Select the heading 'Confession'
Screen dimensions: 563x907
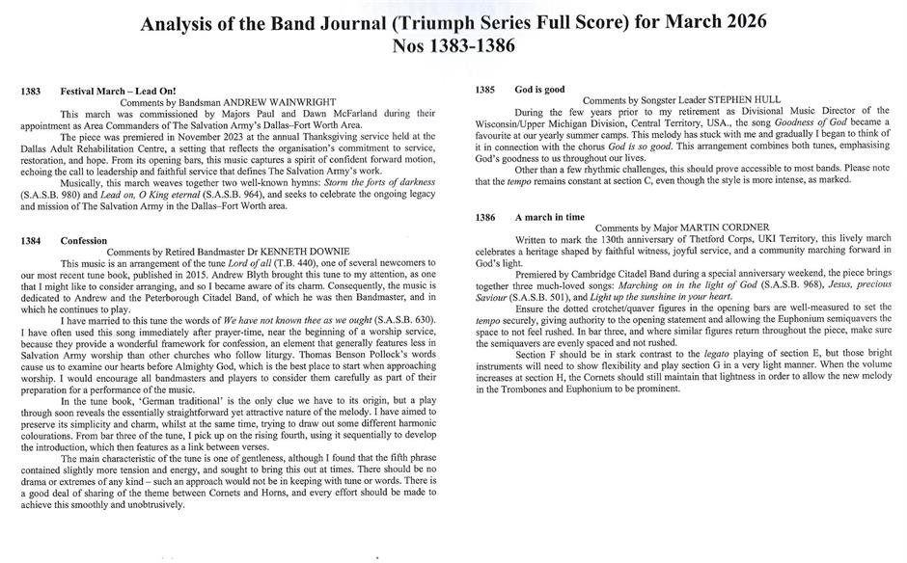coord(84,240)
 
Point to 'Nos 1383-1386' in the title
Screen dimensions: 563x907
coord(453,46)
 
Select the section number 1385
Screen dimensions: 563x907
coord(485,90)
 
